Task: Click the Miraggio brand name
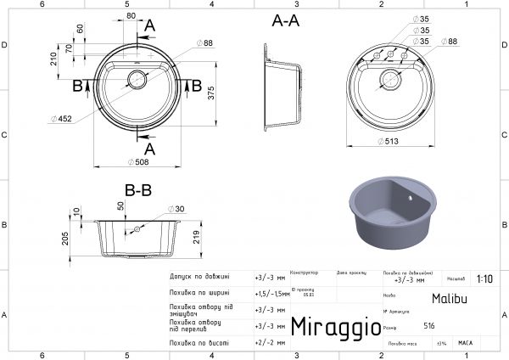[331, 326]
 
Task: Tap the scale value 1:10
[484, 278]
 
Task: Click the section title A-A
[285, 22]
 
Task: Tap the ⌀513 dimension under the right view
[391, 142]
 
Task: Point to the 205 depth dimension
[67, 240]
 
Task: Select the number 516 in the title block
[429, 326]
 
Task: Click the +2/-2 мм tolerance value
[266, 342]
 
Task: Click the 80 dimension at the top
[130, 14]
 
